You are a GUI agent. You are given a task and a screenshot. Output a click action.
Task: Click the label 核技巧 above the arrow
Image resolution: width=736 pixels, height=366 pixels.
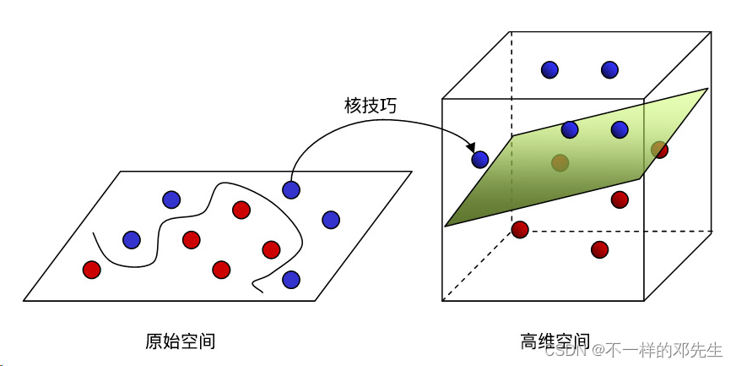370,106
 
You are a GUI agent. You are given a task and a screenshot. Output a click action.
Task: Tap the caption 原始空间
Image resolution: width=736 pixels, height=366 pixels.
180,341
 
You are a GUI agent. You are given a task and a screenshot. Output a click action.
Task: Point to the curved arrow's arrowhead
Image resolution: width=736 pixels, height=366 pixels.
470,148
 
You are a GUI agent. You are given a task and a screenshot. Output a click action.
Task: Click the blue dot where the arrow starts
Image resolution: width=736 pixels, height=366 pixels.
291,190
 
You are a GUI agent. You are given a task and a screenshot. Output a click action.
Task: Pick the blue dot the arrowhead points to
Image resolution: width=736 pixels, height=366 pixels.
480,158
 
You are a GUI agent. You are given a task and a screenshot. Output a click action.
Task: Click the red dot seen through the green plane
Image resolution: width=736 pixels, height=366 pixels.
560,162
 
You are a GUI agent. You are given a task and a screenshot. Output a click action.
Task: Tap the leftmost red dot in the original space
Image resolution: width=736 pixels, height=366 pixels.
91,270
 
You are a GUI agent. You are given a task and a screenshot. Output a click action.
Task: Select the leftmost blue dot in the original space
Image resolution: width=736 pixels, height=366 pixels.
132,240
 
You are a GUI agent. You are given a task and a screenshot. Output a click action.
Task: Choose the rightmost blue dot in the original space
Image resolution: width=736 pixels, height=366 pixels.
331,220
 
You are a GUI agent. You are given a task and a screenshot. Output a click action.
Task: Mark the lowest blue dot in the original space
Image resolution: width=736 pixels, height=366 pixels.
291,278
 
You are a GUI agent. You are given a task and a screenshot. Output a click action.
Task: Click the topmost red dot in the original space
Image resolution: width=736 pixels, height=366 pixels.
241,209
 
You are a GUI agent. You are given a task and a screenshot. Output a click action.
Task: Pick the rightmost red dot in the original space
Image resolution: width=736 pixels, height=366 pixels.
271,249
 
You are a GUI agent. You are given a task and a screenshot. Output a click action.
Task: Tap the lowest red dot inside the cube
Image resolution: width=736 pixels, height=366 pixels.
599,249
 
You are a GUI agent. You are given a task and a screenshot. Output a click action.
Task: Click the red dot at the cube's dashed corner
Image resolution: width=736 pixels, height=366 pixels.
520,229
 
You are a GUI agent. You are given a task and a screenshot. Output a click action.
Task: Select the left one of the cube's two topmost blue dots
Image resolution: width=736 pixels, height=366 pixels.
549,70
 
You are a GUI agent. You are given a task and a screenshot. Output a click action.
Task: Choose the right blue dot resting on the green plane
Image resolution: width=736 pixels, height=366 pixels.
620,129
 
